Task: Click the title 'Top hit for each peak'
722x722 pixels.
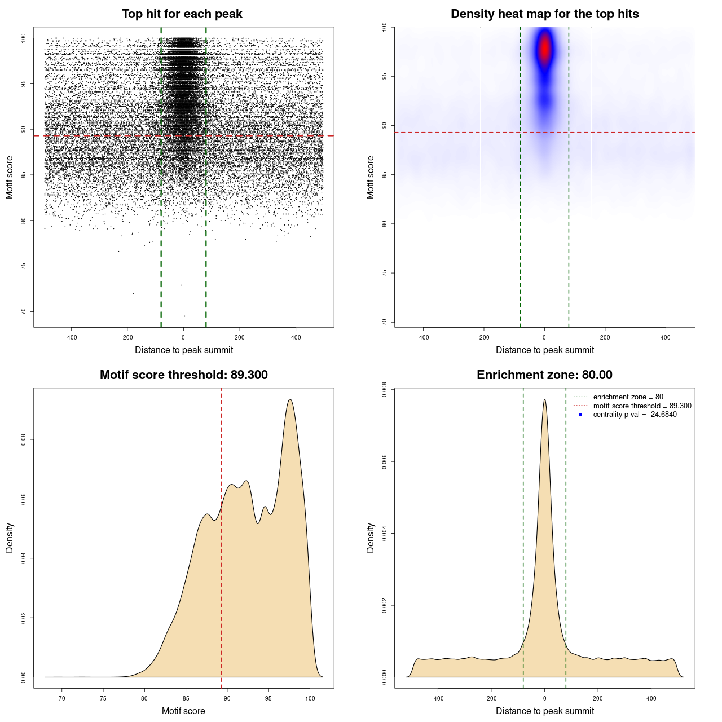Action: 182,14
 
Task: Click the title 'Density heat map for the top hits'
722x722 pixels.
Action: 544,14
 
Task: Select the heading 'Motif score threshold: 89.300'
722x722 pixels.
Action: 183,375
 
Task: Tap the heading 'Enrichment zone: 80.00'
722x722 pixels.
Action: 544,375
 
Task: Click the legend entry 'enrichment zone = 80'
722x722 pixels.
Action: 628,397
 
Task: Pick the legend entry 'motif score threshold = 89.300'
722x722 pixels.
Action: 642,406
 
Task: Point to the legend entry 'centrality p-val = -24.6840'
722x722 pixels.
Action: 635,415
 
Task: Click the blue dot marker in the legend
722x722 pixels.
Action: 580,415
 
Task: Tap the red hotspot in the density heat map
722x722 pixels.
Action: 544,49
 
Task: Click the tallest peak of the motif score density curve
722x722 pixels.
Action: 290,399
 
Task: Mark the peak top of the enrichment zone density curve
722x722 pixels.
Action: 544,399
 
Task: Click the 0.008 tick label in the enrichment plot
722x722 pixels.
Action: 384,390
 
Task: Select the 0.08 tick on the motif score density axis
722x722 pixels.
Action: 23,439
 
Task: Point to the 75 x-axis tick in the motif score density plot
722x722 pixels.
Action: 103,698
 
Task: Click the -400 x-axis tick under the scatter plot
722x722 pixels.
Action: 71,337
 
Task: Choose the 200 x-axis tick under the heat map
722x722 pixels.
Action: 605,337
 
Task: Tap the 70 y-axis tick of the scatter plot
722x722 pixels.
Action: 23,311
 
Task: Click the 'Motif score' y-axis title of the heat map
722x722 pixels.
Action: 370,177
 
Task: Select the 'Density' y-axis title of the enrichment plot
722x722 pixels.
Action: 370,538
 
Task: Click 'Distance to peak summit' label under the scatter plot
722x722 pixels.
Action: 184,350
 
